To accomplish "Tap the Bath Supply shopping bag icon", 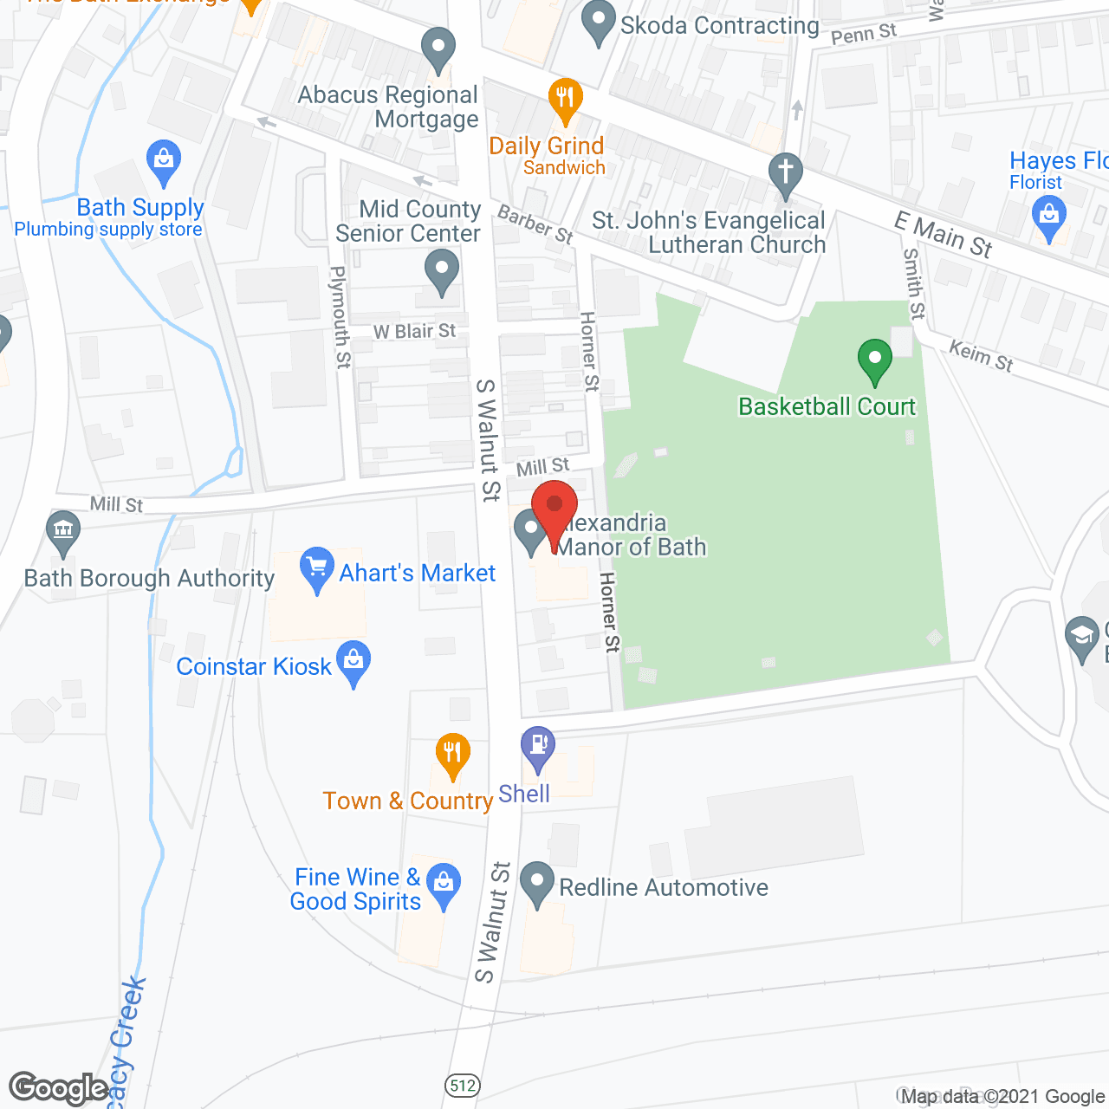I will click(x=164, y=161).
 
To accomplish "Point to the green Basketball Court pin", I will click(x=875, y=359).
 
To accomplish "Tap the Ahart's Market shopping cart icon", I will click(x=317, y=567).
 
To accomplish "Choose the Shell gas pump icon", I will click(x=538, y=746).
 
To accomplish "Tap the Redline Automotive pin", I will click(x=537, y=883).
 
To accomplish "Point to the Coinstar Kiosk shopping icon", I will click(x=353, y=661).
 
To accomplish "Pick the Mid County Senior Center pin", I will click(x=442, y=269).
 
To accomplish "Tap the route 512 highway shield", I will click(x=464, y=1085).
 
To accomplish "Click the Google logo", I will click(x=59, y=1088).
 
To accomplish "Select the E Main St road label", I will click(x=944, y=235).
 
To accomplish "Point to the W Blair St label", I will click(x=414, y=332).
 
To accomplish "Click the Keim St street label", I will click(x=981, y=355).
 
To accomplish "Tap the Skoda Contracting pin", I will click(x=598, y=22).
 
